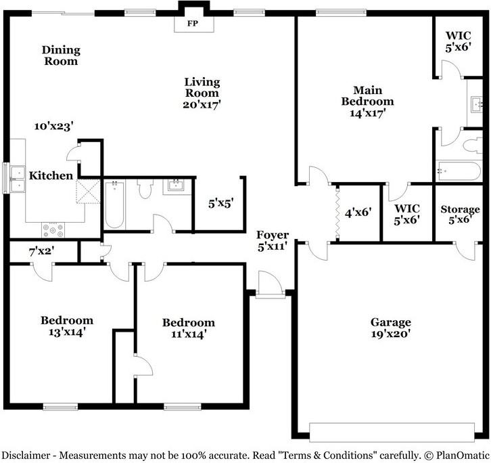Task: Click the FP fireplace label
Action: pyautogui.click(x=193, y=24)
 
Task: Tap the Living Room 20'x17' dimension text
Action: pyautogui.click(x=202, y=105)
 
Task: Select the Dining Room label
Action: pyautogui.click(x=61, y=56)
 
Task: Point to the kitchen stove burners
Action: pyautogui.click(x=53, y=230)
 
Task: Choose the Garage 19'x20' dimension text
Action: pyautogui.click(x=391, y=334)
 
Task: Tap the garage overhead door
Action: pyautogui.click(x=392, y=433)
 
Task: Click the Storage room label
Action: pyautogui.click(x=460, y=209)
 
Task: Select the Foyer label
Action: pyautogui.click(x=273, y=235)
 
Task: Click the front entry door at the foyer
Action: pyautogui.click(x=269, y=284)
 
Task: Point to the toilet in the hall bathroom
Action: pyautogui.click(x=145, y=189)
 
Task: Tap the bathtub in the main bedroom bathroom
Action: pyautogui.click(x=458, y=171)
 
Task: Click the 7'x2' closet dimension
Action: pyautogui.click(x=42, y=251)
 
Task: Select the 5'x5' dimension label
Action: pyautogui.click(x=221, y=204)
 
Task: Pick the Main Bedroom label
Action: pyautogui.click(x=368, y=96)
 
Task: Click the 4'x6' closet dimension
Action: pyautogui.click(x=358, y=213)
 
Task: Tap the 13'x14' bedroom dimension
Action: pyautogui.click(x=67, y=332)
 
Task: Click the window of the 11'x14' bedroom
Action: pyautogui.click(x=183, y=407)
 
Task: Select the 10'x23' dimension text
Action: pyautogui.click(x=54, y=127)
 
